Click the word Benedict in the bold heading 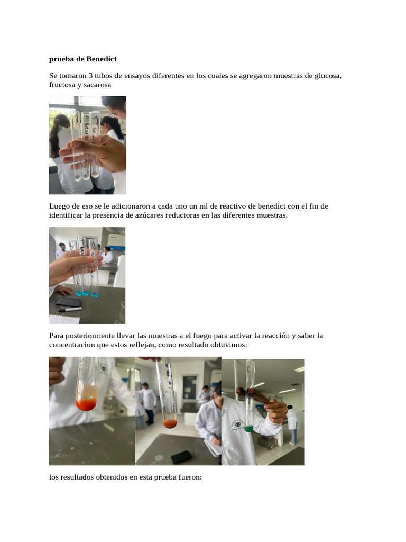coord(101,59)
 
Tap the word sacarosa coord(97,85)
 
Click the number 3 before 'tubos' coord(90,75)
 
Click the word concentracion coord(72,345)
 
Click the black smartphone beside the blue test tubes coord(68,302)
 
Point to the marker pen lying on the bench coord(70,309)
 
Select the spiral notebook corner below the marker coord(64,319)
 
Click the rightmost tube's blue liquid coord(95,294)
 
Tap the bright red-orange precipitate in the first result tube coord(86,404)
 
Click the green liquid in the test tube coord(248,429)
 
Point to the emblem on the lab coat coord(237,425)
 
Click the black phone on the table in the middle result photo coord(181,457)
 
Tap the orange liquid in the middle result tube coord(170,423)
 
